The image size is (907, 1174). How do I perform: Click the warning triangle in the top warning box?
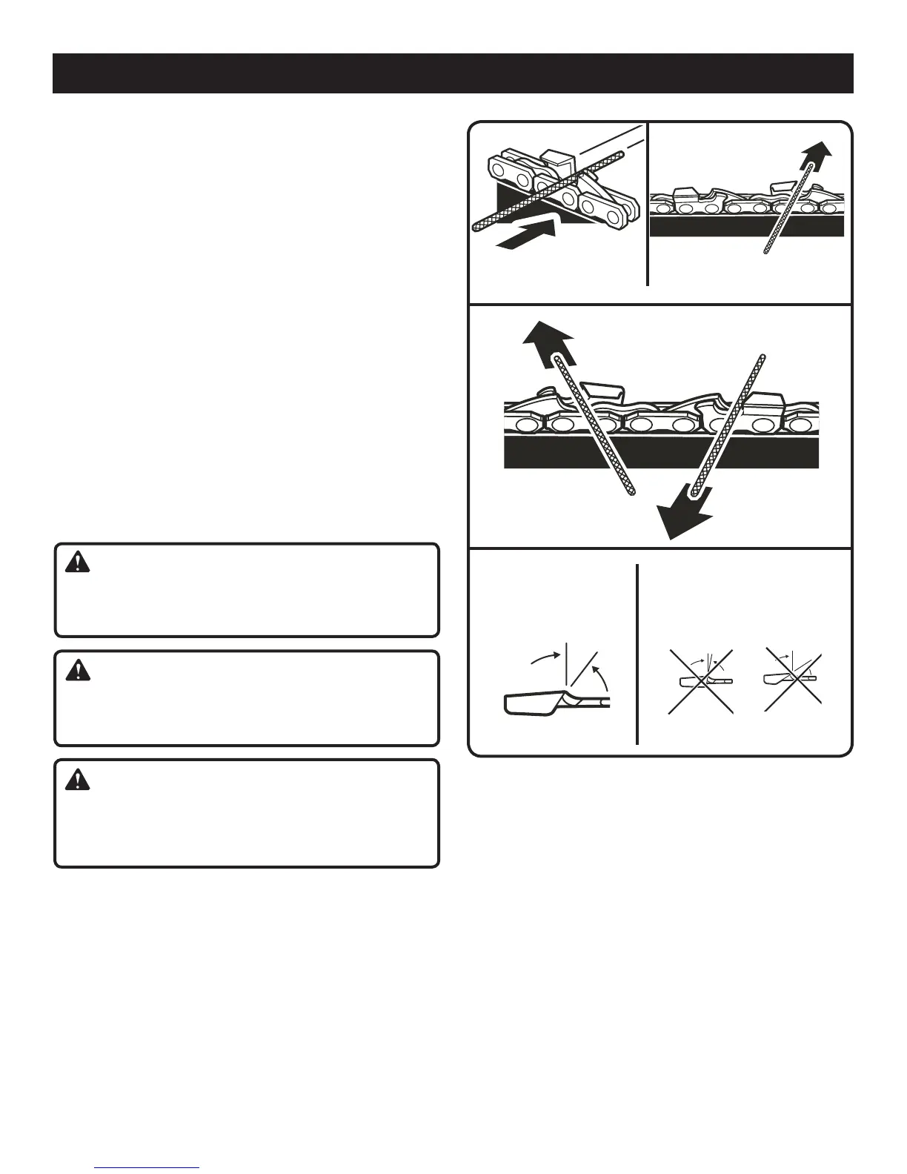click(x=76, y=564)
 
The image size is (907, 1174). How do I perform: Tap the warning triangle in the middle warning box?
click(x=76, y=671)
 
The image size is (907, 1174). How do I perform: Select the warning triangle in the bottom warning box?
click(x=76, y=779)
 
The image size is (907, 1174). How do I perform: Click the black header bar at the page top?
click(x=453, y=73)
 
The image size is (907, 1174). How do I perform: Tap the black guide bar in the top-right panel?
click(x=746, y=225)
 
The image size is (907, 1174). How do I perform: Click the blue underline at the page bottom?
click(x=147, y=1167)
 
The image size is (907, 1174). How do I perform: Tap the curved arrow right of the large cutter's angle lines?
click(x=603, y=675)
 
